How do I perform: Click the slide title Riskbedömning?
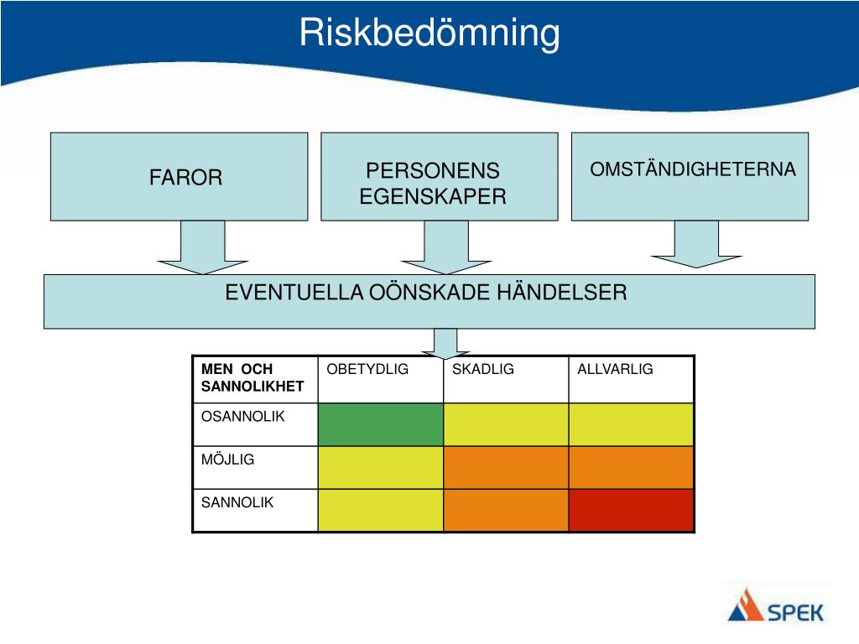click(x=429, y=34)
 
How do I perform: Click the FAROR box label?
click(x=185, y=178)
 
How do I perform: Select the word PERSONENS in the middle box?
click(x=433, y=171)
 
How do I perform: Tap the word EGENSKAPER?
click(x=433, y=197)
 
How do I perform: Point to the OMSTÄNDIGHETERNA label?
click(x=692, y=169)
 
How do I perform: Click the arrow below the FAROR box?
click(x=202, y=248)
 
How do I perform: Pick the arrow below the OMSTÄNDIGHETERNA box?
click(x=696, y=245)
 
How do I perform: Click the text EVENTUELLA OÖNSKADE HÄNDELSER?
click(x=426, y=293)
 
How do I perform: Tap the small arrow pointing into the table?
click(x=445, y=342)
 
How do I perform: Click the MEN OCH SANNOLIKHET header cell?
click(x=252, y=377)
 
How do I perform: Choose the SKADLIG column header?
click(x=483, y=370)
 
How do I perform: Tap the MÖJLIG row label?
click(x=227, y=460)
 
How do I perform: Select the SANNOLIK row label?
click(x=237, y=503)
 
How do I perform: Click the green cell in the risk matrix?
click(x=380, y=424)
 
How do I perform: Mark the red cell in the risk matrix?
click(x=631, y=510)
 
